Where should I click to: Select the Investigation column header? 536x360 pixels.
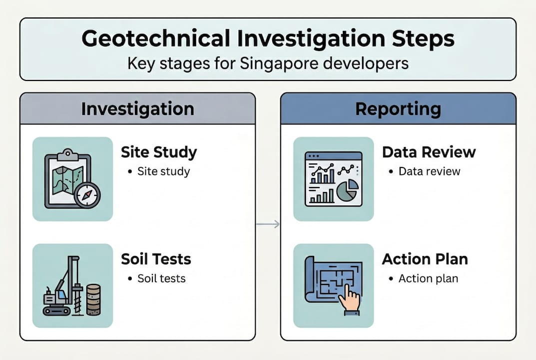[x=138, y=109]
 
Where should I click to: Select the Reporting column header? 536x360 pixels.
[x=398, y=109]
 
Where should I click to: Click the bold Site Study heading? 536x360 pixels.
[x=159, y=152]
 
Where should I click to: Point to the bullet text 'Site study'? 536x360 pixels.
[x=164, y=171]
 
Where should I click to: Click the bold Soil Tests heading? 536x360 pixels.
[x=156, y=259]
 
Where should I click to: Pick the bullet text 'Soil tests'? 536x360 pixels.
[x=161, y=278]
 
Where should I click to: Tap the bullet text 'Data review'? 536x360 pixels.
[x=429, y=171]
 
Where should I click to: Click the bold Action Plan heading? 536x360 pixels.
[x=425, y=259]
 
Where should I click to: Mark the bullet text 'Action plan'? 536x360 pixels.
[x=428, y=278]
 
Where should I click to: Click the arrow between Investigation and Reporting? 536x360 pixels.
[x=268, y=224]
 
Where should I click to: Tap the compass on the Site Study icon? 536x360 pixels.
[x=87, y=194]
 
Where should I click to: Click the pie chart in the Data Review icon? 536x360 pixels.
[x=348, y=190]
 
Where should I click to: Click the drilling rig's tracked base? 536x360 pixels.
[x=56, y=310]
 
